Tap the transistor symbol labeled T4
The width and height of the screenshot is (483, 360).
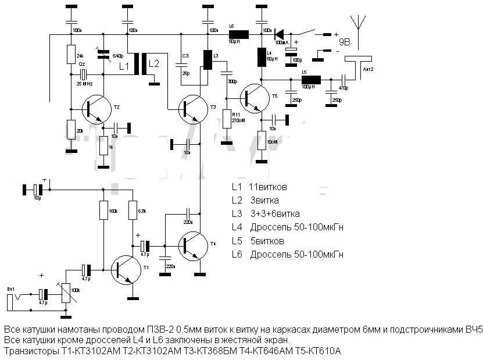[191, 245]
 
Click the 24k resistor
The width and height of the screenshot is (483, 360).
[71, 55]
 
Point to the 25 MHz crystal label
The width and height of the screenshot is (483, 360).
[85, 84]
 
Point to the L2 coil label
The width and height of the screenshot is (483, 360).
[153, 63]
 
